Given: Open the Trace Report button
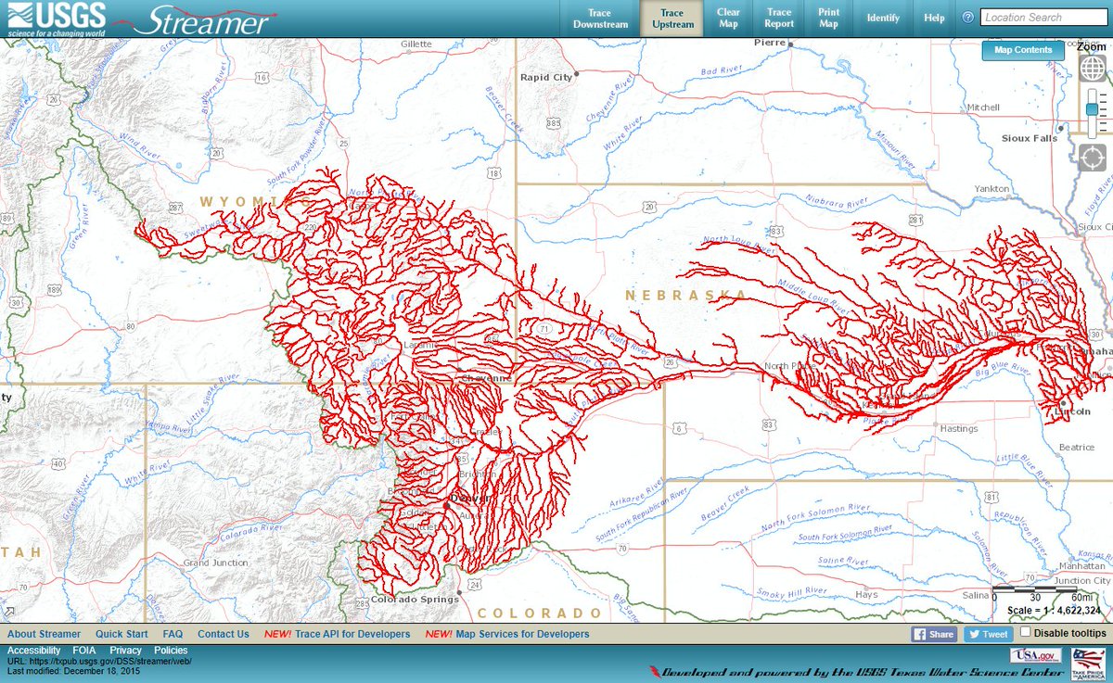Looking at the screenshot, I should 779,19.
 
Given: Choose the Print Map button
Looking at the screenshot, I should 828,19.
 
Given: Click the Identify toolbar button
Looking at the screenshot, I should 883,19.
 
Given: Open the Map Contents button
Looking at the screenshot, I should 1023,50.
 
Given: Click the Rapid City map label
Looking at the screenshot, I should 546,78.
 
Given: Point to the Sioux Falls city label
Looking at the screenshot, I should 1029,138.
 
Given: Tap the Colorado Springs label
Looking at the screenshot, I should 415,600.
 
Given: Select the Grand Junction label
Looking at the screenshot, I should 215,563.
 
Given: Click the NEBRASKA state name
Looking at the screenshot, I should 685,296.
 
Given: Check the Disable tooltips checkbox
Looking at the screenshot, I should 1026,632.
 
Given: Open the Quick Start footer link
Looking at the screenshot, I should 122,634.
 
